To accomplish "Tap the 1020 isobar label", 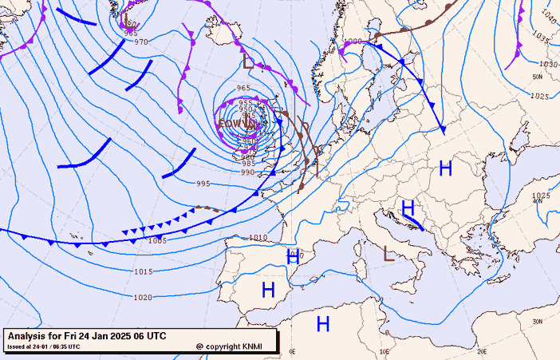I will [143, 298].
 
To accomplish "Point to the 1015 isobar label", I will [143, 272].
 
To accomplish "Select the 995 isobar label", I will [203, 184].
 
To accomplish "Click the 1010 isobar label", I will [258, 238].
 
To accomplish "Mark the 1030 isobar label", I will [548, 64].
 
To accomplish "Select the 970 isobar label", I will [141, 42].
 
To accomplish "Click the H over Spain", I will [268, 290].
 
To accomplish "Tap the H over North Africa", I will [323, 323].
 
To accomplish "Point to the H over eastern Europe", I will [445, 168].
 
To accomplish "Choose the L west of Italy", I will [388, 254].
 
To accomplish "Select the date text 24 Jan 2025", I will [122, 336].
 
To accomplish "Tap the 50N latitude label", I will [538, 77].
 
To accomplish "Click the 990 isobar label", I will [247, 172].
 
